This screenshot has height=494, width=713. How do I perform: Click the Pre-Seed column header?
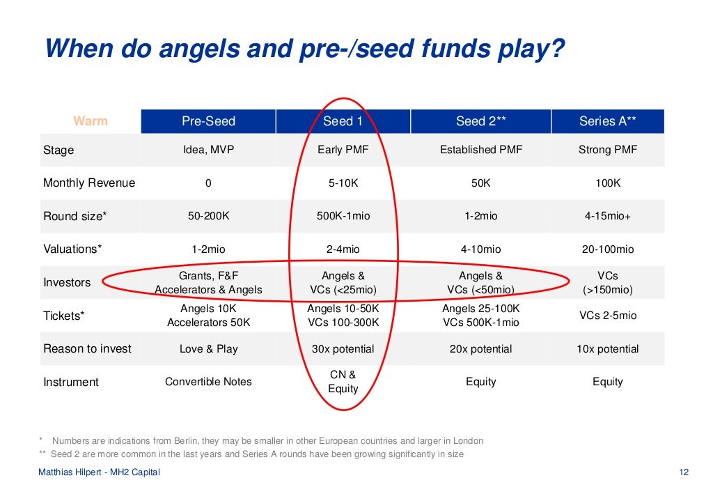click(208, 121)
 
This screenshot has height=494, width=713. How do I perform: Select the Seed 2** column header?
click(480, 121)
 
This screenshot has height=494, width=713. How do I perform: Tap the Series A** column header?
click(607, 121)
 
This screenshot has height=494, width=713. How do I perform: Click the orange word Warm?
click(91, 121)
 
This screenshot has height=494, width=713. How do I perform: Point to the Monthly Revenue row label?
click(89, 183)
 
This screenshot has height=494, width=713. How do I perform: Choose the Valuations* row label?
click(72, 249)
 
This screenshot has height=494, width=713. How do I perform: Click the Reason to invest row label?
click(87, 349)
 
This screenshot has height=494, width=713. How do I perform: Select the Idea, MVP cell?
click(208, 150)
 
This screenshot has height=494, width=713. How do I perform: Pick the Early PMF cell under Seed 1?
click(343, 150)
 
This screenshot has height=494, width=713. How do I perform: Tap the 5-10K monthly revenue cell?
click(343, 183)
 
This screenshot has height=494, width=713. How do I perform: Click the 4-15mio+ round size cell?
click(607, 216)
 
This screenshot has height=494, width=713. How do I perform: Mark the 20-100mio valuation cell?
click(607, 249)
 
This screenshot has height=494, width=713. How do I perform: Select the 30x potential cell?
click(343, 349)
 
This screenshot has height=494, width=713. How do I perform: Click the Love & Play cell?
click(208, 349)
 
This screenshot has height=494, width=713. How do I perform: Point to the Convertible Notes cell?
click(208, 382)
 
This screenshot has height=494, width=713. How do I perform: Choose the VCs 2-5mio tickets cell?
click(607, 316)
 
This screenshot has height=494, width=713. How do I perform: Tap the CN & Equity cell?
click(343, 382)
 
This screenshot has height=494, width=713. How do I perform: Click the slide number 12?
click(683, 472)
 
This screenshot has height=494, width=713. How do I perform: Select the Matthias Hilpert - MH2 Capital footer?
click(99, 472)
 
